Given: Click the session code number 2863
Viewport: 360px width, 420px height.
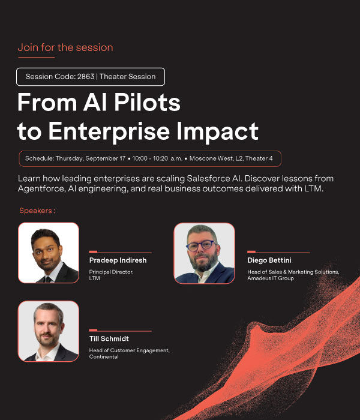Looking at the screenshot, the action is (86, 77).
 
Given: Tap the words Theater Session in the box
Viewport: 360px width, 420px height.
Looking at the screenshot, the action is (127, 77).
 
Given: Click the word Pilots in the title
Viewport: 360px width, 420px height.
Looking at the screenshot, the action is (148, 102).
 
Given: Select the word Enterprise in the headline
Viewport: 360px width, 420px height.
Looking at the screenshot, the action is (109, 131).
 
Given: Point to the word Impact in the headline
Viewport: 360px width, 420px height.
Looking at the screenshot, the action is (217, 131).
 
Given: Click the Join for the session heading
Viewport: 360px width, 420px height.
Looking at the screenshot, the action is (65, 47).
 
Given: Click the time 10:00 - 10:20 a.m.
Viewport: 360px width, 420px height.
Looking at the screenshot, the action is (157, 158).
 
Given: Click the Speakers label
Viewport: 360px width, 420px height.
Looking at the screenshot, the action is (37, 211).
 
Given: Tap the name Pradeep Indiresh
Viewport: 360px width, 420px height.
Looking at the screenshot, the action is (118, 260).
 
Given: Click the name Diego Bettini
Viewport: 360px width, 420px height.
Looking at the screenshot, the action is (269, 260).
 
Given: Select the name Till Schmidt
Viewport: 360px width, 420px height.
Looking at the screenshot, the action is (109, 339).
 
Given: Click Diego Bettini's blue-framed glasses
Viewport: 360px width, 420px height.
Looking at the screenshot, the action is (202, 245).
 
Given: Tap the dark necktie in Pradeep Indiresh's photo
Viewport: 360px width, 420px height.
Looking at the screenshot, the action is (48, 280).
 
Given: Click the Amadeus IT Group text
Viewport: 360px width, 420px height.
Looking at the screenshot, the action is (271, 278).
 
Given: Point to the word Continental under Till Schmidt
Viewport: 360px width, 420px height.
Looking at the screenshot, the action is (104, 357).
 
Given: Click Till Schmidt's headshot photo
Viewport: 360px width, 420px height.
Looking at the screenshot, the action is (49, 331).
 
